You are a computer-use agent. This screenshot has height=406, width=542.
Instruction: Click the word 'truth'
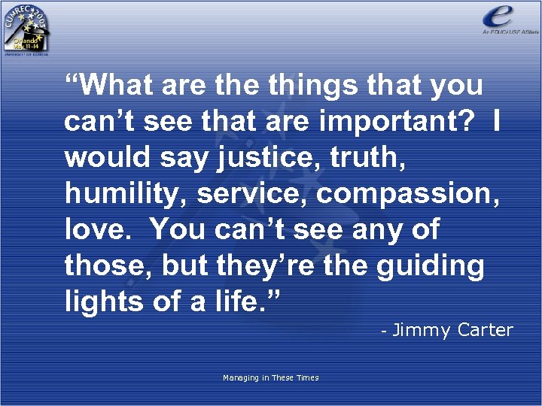[364, 157]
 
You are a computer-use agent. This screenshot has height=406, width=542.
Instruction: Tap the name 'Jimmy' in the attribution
[422, 330]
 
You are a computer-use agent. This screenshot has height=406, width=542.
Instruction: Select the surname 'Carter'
[485, 329]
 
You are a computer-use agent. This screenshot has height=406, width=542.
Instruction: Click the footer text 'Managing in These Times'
[270, 377]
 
